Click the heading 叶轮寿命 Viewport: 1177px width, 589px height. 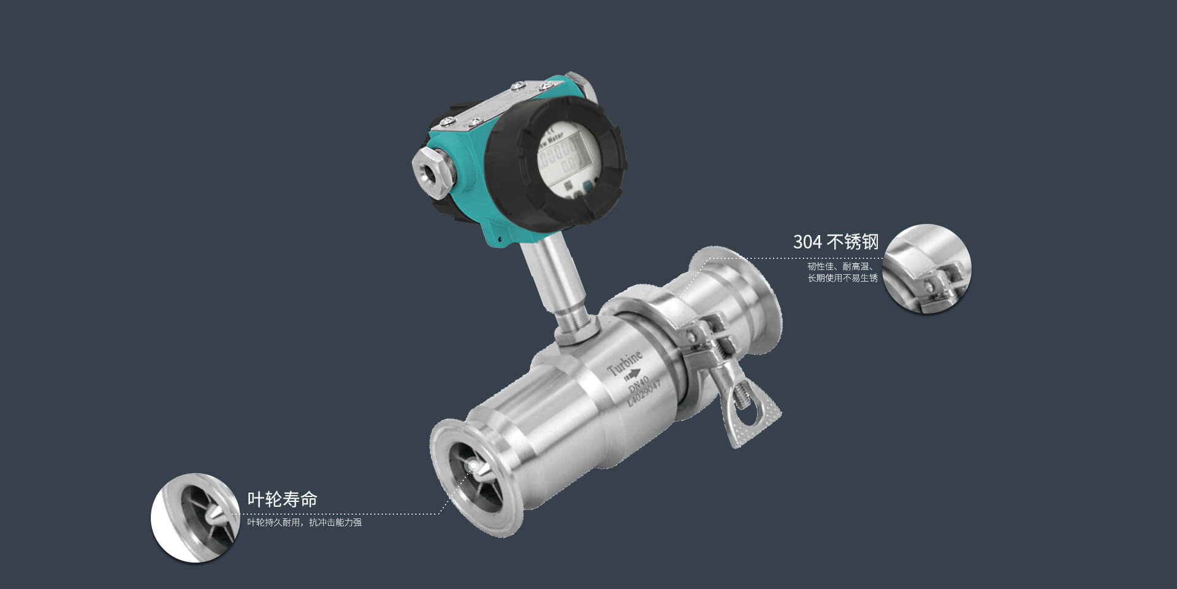click(x=282, y=499)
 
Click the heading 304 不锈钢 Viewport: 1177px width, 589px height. click(x=835, y=242)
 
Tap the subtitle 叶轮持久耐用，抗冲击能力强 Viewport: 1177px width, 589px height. click(x=304, y=523)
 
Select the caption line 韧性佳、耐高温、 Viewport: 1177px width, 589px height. click(x=840, y=266)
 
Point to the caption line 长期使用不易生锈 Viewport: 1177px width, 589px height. click(x=842, y=278)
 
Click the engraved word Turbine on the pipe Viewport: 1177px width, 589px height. click(x=624, y=364)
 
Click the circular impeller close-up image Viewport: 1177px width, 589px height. click(x=195, y=517)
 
